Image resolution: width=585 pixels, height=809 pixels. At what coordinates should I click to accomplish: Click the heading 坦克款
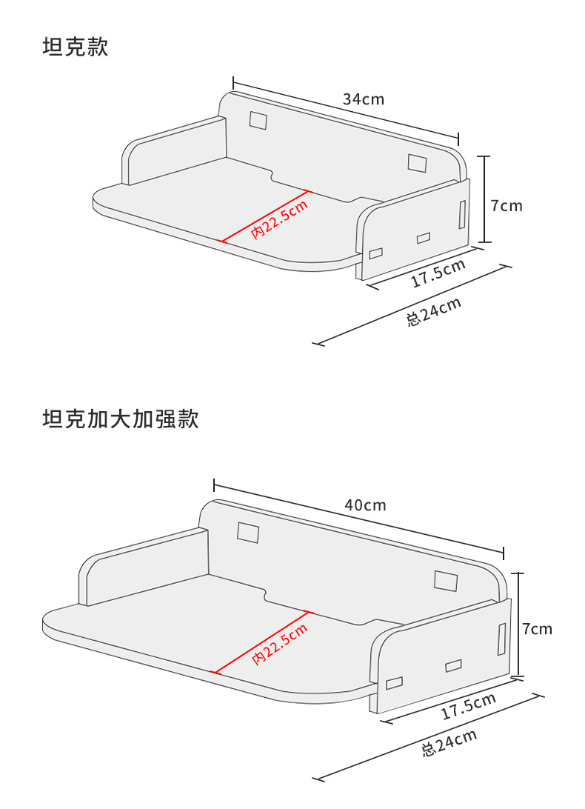[76, 47]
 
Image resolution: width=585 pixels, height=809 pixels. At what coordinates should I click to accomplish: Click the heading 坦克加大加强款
[121, 419]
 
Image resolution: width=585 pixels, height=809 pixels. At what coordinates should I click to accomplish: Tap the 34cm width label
[363, 99]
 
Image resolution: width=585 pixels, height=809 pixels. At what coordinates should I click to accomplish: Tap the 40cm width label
[365, 505]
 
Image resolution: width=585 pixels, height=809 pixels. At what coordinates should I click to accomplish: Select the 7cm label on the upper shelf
[507, 205]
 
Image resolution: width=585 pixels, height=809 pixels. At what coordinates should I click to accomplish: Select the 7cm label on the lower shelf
[537, 629]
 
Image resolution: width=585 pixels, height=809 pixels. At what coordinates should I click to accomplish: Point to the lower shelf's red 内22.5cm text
[280, 643]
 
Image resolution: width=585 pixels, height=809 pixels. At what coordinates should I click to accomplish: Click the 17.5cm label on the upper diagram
[438, 273]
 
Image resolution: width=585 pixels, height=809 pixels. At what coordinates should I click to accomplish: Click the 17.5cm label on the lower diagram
[468, 707]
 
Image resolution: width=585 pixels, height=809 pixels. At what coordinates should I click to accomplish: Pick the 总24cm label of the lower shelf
[449, 743]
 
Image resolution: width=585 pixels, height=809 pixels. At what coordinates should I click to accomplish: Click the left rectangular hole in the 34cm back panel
[258, 120]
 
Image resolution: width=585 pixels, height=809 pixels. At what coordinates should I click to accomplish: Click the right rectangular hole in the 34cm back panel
[417, 163]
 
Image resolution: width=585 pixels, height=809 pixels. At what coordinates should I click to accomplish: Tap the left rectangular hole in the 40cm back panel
[248, 532]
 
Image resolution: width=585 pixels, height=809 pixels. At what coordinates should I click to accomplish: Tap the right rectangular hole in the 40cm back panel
[446, 581]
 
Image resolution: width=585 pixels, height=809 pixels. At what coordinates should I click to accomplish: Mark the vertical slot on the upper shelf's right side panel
[462, 213]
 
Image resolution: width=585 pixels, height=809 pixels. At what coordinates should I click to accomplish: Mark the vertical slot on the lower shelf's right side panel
[502, 639]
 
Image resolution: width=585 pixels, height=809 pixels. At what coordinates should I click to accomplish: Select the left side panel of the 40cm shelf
[141, 567]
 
